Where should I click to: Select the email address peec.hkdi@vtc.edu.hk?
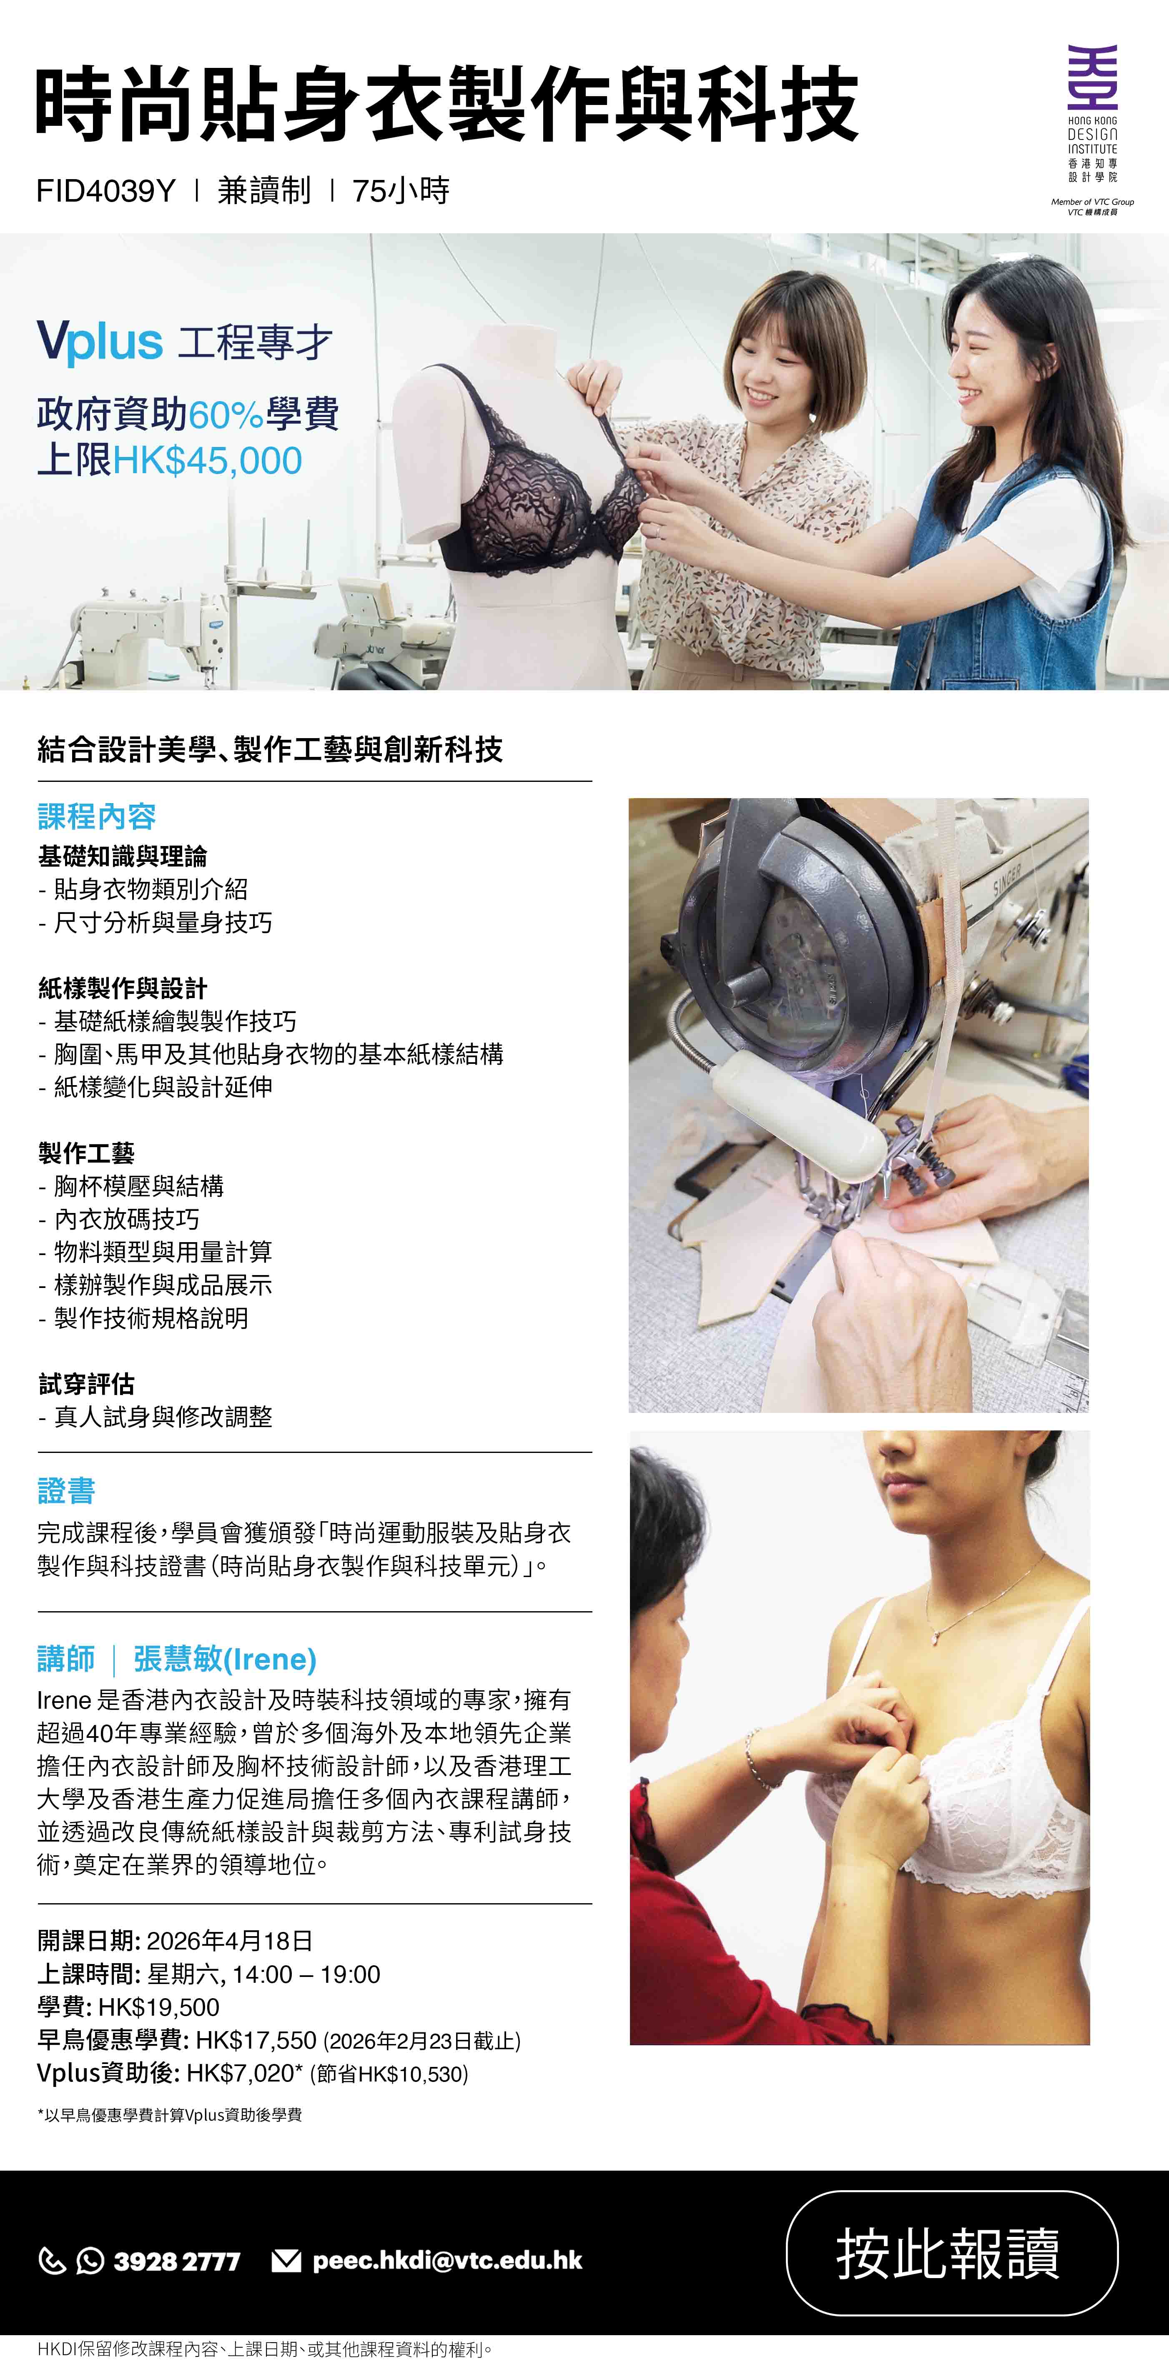pos(448,2260)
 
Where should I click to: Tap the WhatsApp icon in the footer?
pos(90,2260)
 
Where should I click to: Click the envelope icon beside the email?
pos(287,2260)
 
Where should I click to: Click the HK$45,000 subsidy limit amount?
pos(208,460)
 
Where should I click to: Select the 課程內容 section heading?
pos(96,816)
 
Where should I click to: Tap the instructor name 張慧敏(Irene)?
pos(225,1659)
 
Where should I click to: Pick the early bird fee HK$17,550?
pos(256,2040)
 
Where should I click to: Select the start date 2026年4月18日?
pos(230,1941)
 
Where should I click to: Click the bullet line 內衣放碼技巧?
pos(127,1219)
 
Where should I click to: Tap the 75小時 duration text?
pos(401,191)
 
